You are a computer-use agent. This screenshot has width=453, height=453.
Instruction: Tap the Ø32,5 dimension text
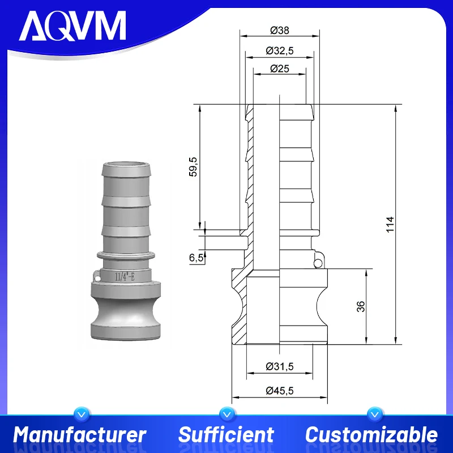pos(279,51)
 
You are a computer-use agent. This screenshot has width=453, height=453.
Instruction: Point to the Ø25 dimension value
pos(279,69)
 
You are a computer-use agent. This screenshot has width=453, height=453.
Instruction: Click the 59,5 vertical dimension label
pos(193,167)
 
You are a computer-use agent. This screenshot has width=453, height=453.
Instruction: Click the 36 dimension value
pos(361,306)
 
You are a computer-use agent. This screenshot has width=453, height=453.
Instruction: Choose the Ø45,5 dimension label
pos(279,390)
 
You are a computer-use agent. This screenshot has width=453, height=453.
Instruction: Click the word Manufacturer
pos(80,435)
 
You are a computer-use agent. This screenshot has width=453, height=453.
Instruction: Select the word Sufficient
pos(226,435)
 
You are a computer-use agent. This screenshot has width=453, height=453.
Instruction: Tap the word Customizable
pos(371,435)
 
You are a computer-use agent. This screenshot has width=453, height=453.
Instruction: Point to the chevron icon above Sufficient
pos(226,414)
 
